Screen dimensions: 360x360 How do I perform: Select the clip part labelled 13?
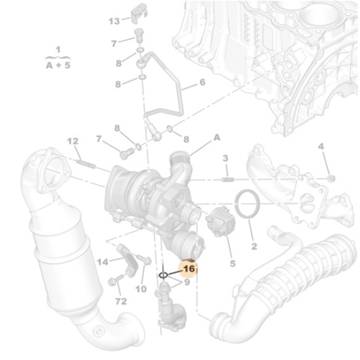tap(140, 12)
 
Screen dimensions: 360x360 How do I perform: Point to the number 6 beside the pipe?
tap(202, 83)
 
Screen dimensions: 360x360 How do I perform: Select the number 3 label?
tap(225, 158)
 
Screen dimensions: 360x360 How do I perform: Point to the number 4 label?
tap(321, 147)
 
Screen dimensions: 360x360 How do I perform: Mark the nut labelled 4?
tap(329, 177)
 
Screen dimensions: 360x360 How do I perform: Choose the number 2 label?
tap(253, 247)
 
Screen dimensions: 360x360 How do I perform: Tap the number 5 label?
tap(232, 264)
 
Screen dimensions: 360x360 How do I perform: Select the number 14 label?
tap(102, 261)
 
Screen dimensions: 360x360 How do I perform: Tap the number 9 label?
tap(186, 282)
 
